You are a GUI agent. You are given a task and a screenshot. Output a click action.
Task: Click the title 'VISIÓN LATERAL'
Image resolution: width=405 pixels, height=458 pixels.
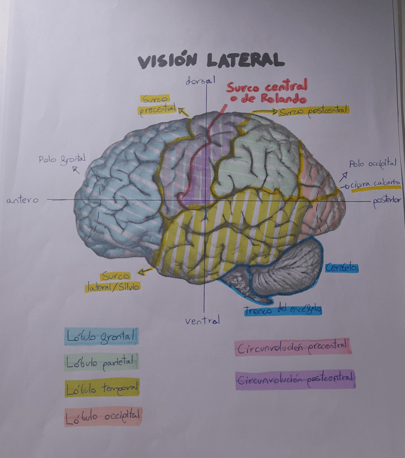[210, 60]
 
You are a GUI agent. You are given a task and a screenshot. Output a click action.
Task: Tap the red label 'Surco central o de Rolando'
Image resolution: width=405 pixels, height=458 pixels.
[266, 92]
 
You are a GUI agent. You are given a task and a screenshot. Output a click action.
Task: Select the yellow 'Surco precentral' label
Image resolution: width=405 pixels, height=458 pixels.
[157, 105]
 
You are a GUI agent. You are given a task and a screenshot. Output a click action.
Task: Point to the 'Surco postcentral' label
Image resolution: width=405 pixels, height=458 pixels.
[313, 112]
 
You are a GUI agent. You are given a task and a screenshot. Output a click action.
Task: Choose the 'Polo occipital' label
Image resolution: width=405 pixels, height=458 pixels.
[373, 163]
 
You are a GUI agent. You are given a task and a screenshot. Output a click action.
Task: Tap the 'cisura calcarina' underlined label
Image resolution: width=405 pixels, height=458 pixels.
[376, 184]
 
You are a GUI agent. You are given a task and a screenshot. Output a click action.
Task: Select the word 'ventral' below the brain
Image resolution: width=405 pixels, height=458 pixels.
[202, 321]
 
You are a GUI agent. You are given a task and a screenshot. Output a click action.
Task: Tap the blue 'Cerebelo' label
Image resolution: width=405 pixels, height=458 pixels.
[342, 267]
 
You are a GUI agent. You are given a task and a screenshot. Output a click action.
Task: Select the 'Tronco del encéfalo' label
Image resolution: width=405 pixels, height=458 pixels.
[282, 309]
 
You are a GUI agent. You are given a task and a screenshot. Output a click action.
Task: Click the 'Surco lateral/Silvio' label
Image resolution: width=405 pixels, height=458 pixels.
[113, 281]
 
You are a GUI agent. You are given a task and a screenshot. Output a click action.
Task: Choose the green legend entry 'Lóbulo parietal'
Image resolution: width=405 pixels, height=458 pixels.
[101, 362]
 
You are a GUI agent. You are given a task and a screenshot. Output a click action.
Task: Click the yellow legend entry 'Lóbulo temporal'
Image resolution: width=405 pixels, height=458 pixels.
[102, 388]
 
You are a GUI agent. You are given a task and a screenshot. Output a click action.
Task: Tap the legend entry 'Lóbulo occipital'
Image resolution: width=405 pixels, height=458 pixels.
[102, 416]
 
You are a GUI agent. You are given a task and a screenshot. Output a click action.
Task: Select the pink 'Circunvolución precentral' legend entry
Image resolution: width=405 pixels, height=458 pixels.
[293, 347]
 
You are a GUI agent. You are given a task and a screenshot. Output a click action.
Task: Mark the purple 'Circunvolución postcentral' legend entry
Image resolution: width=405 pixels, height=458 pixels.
[295, 380]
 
